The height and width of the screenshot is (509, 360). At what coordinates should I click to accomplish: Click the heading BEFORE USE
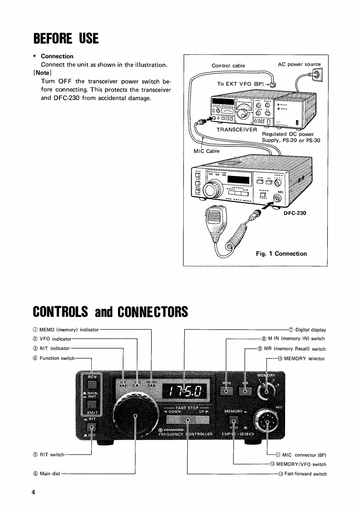point(66,38)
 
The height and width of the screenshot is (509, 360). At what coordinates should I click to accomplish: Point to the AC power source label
point(299,64)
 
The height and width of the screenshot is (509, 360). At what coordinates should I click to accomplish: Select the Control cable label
point(228,66)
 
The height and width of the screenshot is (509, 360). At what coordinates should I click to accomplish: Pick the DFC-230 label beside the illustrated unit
point(295,212)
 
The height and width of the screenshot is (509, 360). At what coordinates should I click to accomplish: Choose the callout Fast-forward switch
point(305,474)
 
